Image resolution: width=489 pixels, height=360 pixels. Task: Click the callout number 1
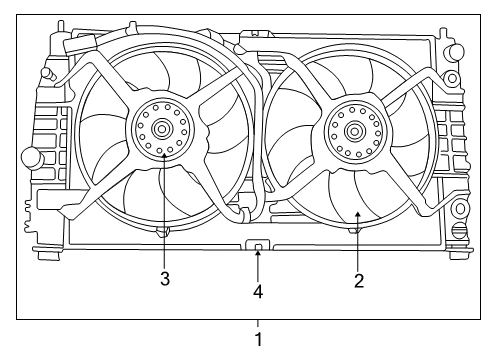[x=259, y=340]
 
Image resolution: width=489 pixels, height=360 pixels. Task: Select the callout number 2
[x=358, y=281]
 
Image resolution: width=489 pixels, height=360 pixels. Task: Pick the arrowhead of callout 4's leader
[x=259, y=253]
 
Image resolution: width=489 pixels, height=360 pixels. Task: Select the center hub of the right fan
[x=354, y=130]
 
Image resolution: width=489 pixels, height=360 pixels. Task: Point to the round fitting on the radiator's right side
[x=460, y=209]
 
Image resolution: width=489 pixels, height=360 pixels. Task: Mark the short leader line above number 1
[x=259, y=323]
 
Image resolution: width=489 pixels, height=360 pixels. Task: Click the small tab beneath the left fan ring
[x=161, y=232]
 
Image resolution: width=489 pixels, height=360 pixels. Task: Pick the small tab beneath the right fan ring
[x=352, y=232]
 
